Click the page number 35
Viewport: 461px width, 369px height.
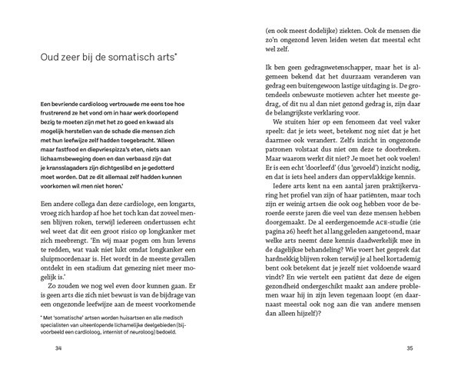pos(411,349)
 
